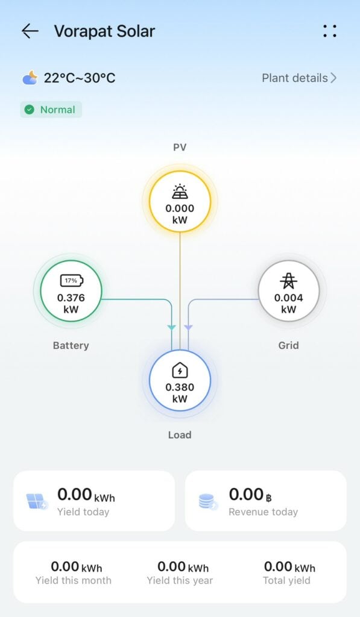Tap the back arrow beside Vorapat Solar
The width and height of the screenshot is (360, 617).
30,31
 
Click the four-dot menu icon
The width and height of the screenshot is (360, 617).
330,31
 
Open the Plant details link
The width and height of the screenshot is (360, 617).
299,78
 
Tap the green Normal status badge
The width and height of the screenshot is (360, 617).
51,110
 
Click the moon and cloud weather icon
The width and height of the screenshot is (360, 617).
30,78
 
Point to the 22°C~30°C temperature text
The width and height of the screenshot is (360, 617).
80,78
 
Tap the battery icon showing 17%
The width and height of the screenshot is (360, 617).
71,281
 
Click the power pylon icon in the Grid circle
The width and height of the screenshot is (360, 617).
289,281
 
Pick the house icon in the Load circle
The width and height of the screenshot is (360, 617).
180,371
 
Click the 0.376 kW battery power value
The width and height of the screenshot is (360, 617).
71,304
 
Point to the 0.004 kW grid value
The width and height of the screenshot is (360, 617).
289,304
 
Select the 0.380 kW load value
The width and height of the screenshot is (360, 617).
180,393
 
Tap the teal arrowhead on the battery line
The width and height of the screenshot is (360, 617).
172,327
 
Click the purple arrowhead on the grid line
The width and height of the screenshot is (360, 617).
188,327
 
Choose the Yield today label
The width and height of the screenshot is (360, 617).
83,512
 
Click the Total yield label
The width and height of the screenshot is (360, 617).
287,580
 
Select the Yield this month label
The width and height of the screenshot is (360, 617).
73,580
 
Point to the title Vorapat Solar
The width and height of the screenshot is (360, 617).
105,31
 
